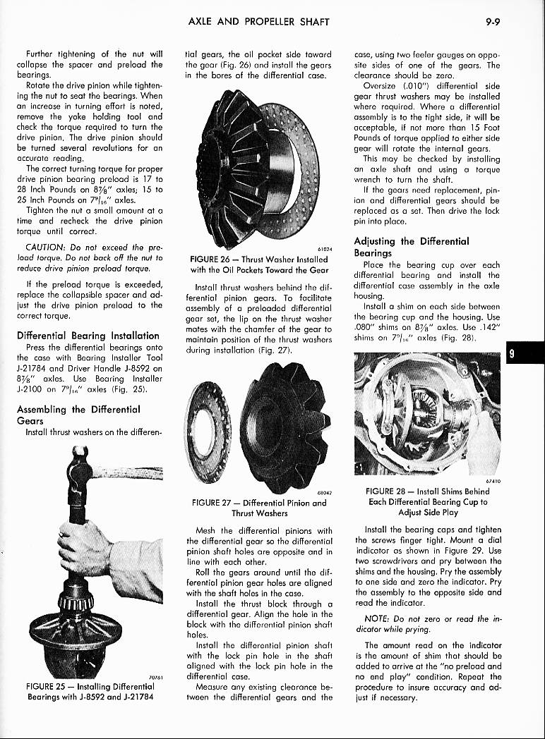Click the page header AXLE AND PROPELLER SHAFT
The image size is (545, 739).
tap(259, 22)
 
